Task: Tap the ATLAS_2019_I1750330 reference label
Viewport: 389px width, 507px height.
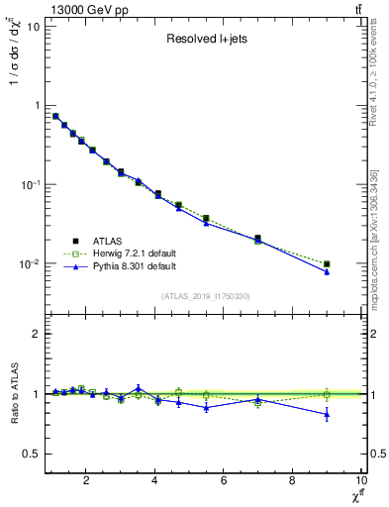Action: pyautogui.click(x=205, y=296)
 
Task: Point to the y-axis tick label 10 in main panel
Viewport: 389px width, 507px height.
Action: pyautogui.click(x=30, y=26)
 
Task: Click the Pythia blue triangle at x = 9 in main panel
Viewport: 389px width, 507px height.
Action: pyautogui.click(x=327, y=272)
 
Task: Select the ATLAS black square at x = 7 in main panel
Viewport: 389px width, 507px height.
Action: pyautogui.click(x=258, y=239)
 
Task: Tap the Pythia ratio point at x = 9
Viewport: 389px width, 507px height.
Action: pyautogui.click(x=327, y=414)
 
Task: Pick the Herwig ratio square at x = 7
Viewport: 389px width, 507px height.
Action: pyautogui.click(x=258, y=403)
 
